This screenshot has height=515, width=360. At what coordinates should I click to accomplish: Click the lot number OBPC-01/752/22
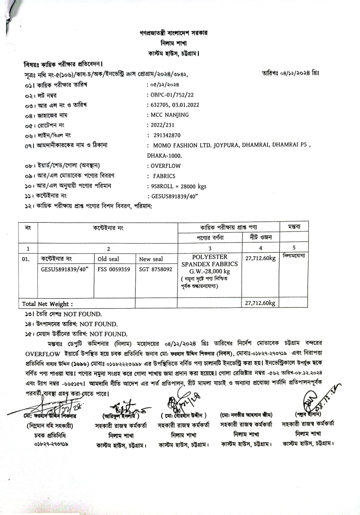click(172, 95)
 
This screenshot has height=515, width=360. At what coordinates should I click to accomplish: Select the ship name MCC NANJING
click(170, 115)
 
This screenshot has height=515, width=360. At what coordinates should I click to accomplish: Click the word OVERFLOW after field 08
click(166, 166)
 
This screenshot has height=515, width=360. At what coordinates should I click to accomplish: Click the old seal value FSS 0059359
click(114, 269)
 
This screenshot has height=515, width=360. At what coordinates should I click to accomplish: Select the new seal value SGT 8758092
click(156, 269)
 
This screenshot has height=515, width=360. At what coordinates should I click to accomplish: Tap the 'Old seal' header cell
click(108, 259)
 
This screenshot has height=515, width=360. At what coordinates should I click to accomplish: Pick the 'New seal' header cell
click(151, 259)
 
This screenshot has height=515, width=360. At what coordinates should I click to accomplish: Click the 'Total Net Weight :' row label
click(47, 304)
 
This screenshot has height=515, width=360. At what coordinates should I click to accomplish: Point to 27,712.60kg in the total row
click(260, 303)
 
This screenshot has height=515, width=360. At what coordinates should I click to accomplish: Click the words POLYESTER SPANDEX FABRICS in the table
click(210, 260)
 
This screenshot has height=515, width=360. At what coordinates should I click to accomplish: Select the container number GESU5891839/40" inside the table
click(65, 269)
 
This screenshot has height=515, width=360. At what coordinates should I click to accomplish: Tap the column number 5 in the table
click(294, 248)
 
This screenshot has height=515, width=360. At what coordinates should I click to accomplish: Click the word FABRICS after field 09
click(164, 176)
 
